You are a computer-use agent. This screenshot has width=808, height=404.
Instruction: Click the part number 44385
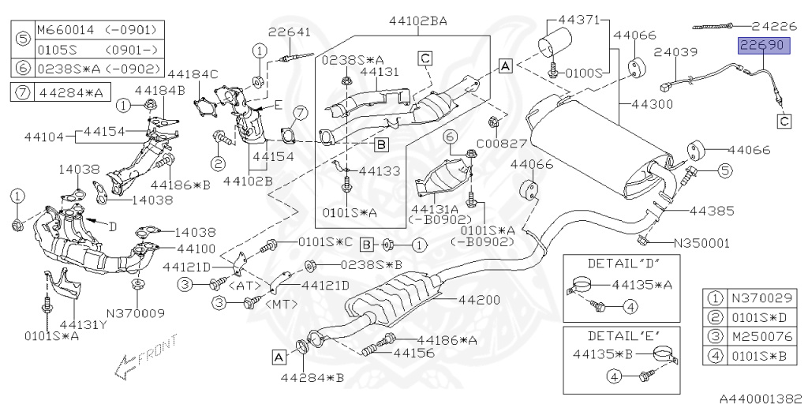[712, 211]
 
